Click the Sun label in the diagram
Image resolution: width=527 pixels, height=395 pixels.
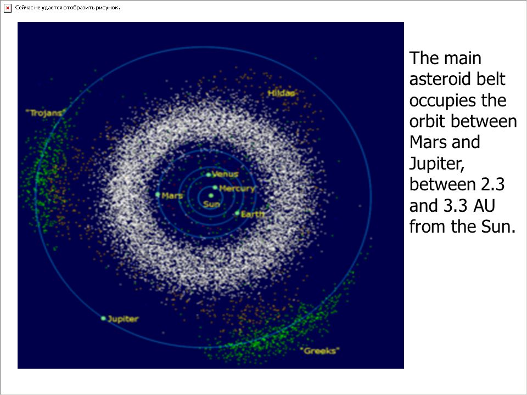[211, 204]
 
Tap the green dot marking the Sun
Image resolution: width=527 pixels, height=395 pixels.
[211, 195]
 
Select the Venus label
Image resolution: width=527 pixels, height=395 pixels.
[225, 174]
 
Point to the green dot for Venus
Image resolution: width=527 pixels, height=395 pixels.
[209, 174]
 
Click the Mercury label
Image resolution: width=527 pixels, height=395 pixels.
[237, 189]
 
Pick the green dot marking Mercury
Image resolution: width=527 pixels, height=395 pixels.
[215, 188]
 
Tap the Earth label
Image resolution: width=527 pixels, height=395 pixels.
[253, 214]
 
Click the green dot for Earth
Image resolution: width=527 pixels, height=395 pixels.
[237, 213]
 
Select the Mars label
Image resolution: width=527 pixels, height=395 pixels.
[172, 195]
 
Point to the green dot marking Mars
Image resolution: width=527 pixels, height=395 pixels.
[158, 194]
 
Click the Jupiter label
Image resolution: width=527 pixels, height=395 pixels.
[123, 319]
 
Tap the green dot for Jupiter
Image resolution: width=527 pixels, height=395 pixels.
[103, 318]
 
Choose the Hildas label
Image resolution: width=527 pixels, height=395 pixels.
[281, 93]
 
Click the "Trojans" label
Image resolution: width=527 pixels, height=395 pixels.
[45, 113]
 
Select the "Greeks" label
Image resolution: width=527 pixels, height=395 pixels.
[319, 351]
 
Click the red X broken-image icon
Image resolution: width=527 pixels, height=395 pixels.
[8, 8]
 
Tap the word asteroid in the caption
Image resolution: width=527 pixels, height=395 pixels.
[436, 79]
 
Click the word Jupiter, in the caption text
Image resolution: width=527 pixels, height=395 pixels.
[436, 164]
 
